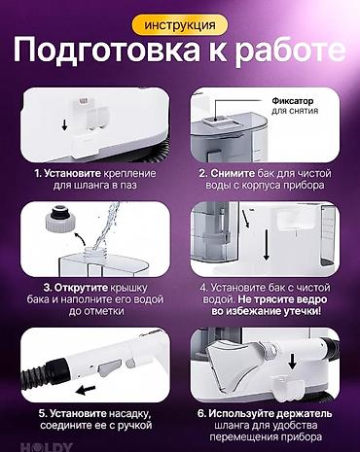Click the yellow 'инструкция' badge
pos(180,25)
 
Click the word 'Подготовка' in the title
pos(107,50)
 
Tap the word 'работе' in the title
pos(290,51)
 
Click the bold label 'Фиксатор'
pos(293,101)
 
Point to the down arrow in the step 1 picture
pos(64,124)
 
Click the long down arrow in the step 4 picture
pos(267,244)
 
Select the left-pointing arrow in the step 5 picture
pos(86,390)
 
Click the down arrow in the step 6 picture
pos(293,361)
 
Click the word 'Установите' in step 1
pos(72,173)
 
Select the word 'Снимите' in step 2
pos(233,173)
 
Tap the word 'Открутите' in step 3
pos(81,288)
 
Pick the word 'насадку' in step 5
pos(130,414)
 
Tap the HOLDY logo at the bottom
pos(46,447)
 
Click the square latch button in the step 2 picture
pos(212,121)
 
